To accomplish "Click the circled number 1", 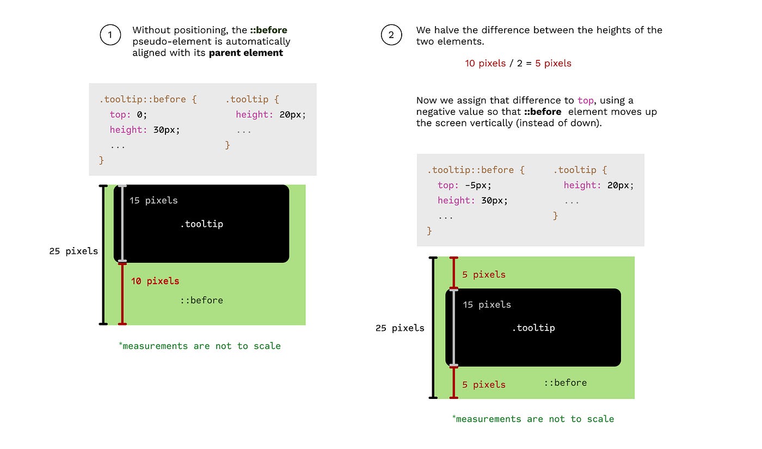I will tap(110, 36).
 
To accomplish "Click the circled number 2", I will tap(391, 36).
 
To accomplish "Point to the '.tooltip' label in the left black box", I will tap(201, 224).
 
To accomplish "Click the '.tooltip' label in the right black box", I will tap(533, 328).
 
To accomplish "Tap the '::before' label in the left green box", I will tap(201, 300).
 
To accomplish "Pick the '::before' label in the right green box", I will tap(565, 383).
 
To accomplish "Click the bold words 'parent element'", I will tap(246, 53).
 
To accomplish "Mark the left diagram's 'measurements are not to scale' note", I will tap(200, 346).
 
